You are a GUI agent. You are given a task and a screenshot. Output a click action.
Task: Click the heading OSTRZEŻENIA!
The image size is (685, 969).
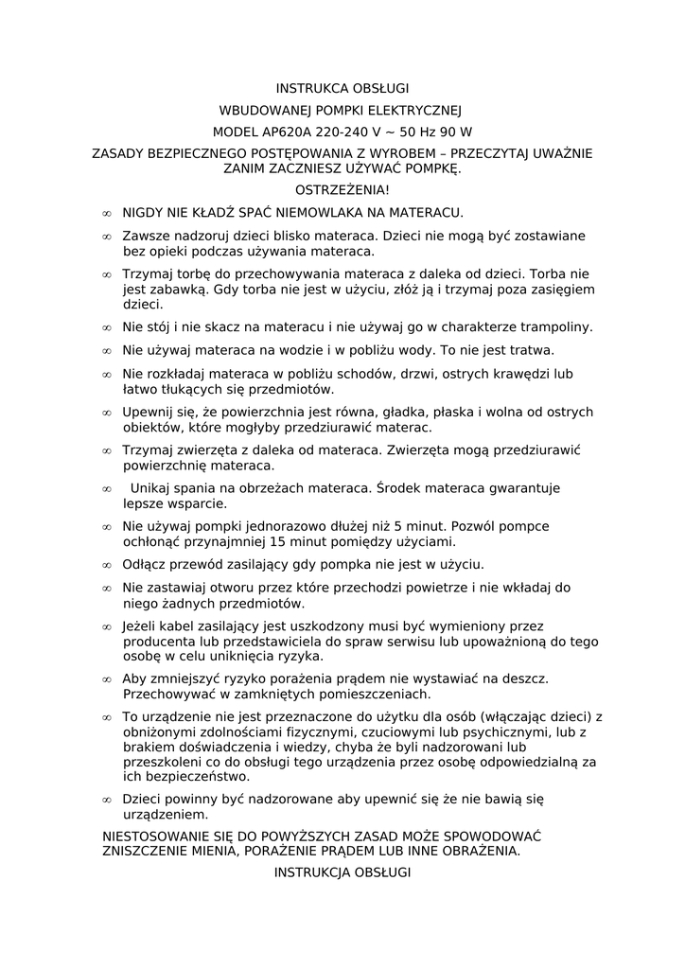[x=342, y=190]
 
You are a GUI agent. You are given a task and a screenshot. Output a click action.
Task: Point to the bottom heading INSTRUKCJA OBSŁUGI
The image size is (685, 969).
[x=342, y=872]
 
